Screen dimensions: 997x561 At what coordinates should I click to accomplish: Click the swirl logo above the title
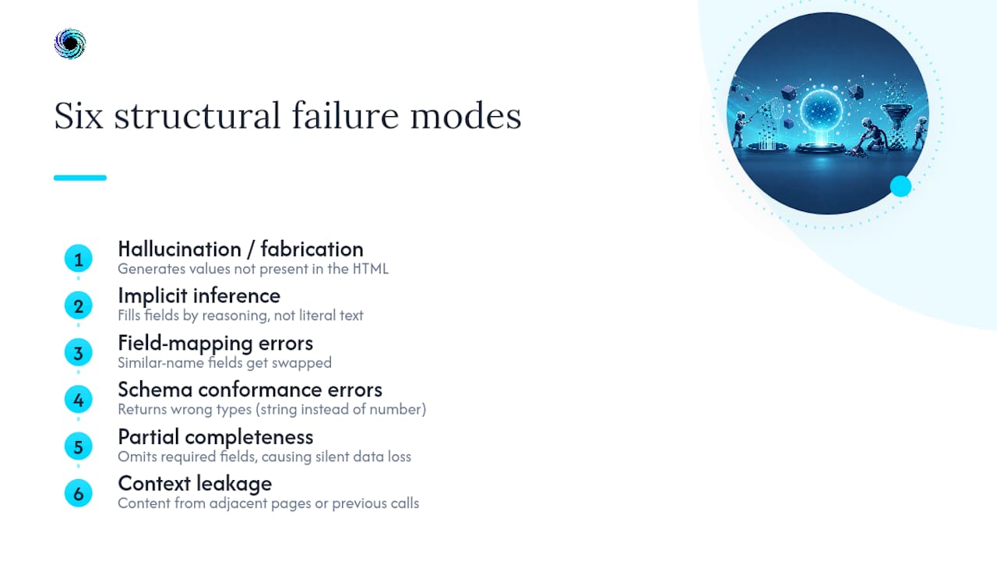coord(70,44)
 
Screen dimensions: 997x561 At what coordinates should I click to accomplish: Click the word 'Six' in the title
coord(79,116)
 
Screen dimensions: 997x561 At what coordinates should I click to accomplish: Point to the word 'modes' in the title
coord(466,116)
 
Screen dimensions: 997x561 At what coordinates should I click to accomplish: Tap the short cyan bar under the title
coord(80,178)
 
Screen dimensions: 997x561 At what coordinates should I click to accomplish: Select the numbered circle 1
coord(79,259)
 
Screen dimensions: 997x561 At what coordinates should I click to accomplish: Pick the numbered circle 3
coord(79,353)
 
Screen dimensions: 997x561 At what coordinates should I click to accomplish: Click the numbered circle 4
coord(79,400)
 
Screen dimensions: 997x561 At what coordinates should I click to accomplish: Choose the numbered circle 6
coord(79,493)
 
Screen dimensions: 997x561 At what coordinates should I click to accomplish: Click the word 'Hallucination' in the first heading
coord(180,249)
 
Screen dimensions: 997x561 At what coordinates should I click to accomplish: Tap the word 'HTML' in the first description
coord(371,269)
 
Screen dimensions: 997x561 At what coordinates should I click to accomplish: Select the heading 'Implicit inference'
coord(199,297)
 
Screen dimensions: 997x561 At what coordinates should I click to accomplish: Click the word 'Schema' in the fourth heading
coord(155,390)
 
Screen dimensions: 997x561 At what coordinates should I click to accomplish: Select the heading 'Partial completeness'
coord(216,438)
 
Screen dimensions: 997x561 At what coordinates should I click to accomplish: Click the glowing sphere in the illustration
coord(821,111)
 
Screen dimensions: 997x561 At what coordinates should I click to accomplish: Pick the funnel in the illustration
coord(896,118)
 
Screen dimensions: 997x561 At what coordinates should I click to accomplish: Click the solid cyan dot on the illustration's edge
coord(901,186)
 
